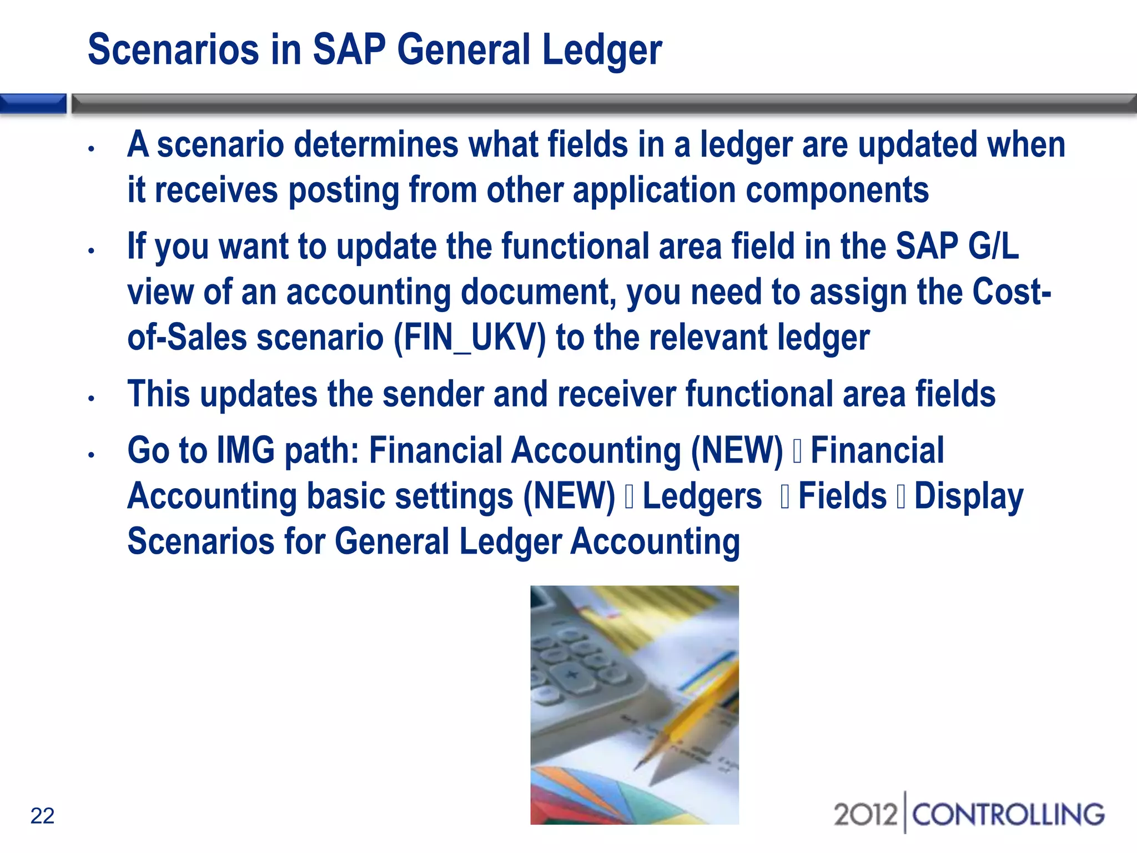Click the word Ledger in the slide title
click(x=602, y=50)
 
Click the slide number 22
click(x=42, y=816)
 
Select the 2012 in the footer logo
click(x=866, y=815)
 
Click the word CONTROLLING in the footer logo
click(x=1008, y=815)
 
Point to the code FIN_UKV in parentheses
click(x=470, y=337)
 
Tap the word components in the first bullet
click(x=837, y=190)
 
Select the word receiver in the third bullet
click(x=617, y=394)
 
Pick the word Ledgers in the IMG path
click(x=702, y=496)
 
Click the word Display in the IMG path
click(x=969, y=496)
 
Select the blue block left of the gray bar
click(x=33, y=104)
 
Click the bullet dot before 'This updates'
click(x=92, y=398)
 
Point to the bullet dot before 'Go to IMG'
click(x=92, y=455)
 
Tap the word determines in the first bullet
click(x=376, y=144)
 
